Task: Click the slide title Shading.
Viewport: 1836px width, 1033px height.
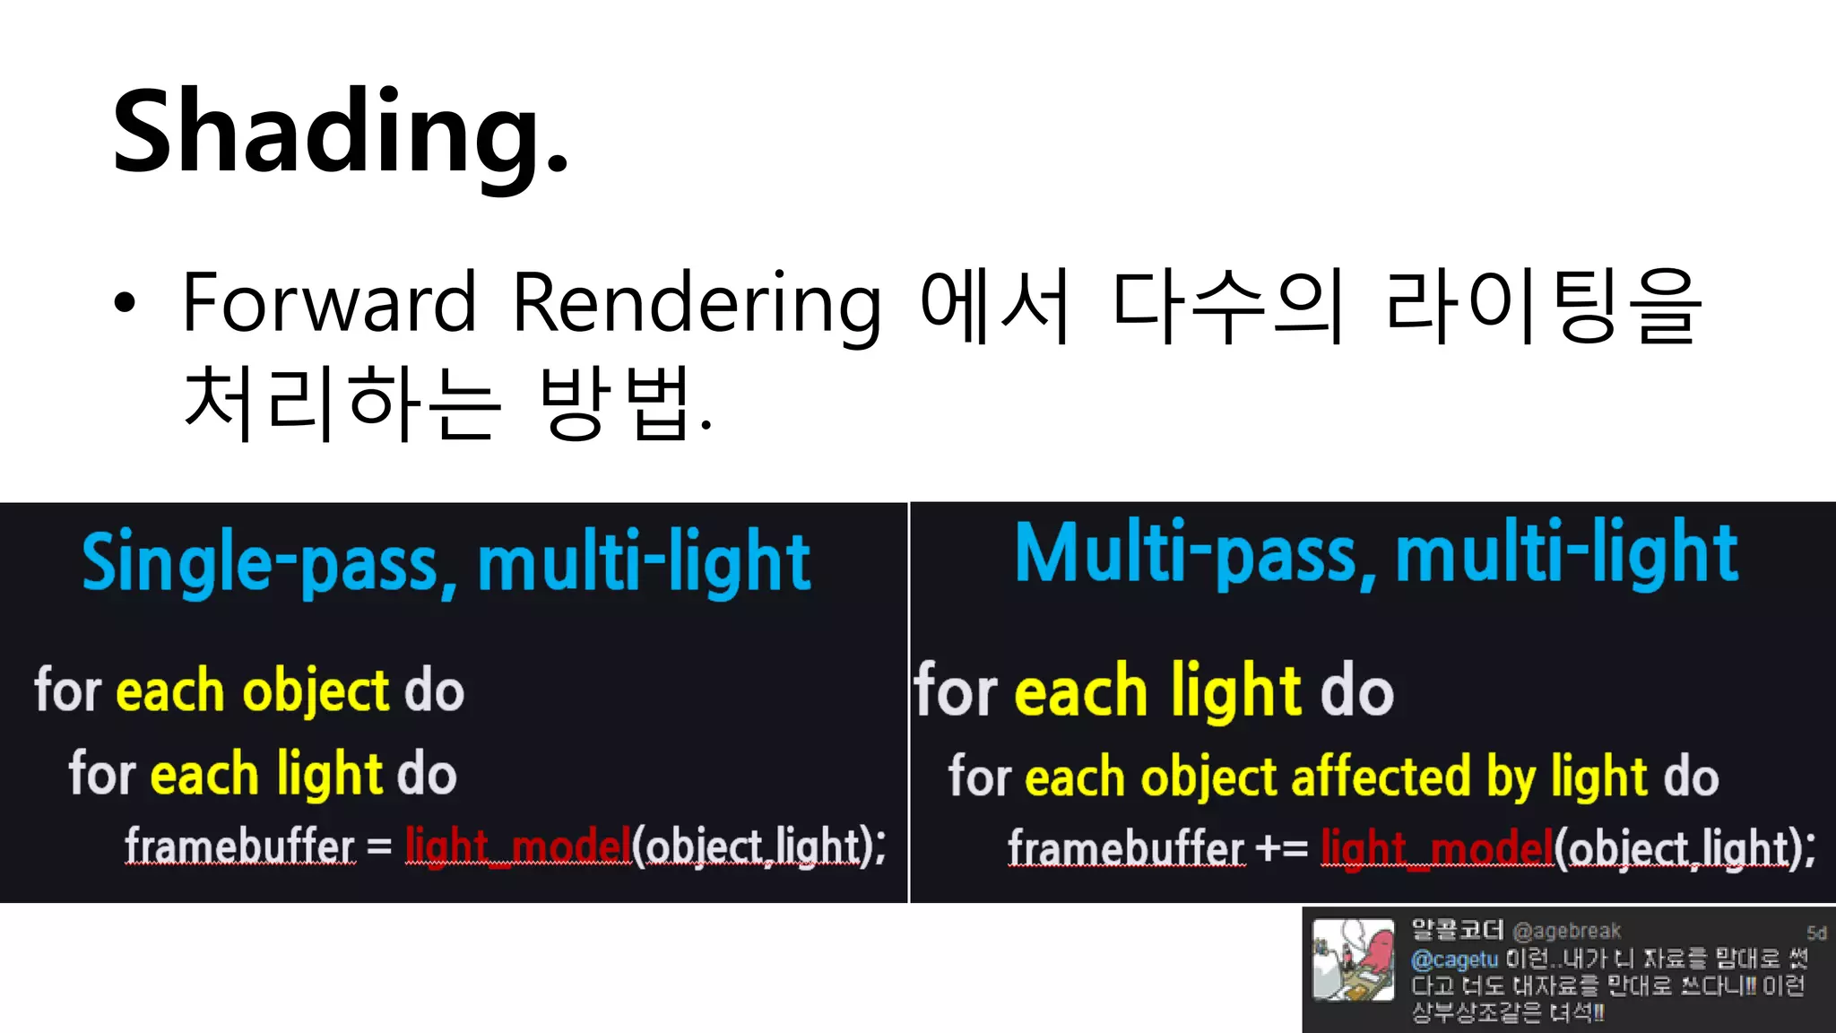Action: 341,133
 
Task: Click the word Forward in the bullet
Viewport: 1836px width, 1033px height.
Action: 329,303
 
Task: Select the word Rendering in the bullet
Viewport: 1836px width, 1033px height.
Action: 697,305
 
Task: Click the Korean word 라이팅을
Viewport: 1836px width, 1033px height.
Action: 1542,305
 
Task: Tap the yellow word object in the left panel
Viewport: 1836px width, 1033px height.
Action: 316,692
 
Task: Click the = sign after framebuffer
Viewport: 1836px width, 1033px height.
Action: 379,846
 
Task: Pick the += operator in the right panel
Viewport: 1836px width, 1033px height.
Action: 1282,847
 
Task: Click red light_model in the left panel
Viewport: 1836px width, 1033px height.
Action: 518,846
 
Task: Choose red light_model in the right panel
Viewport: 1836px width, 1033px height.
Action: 1436,847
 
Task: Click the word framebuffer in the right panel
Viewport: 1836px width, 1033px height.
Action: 1126,847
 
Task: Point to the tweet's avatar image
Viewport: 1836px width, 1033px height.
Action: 1354,959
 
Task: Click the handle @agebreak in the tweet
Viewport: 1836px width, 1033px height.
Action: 1566,931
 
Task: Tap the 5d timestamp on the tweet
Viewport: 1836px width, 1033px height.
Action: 1816,933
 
